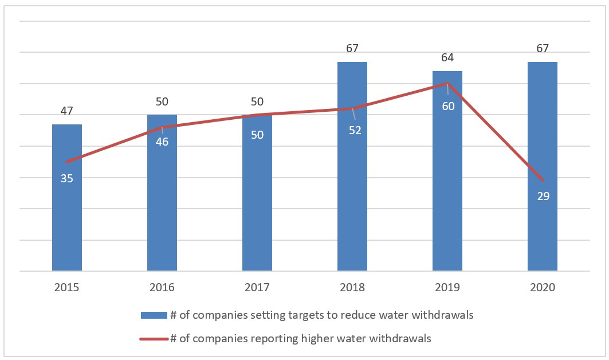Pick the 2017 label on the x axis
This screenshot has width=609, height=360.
point(257,287)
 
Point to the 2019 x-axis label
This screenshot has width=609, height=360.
point(447,287)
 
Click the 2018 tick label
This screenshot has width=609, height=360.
point(352,287)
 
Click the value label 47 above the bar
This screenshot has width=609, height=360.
point(67,111)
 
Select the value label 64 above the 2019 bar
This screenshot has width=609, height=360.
point(447,58)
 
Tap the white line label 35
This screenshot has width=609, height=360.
point(67,178)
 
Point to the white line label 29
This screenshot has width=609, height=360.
point(543,196)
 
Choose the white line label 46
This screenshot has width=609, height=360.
point(162,142)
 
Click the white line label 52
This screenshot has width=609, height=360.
point(355,130)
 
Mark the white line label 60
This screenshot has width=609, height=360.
point(448,106)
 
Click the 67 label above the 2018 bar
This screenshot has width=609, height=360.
point(352,48)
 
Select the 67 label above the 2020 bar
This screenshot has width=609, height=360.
point(543,48)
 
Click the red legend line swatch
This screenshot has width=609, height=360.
point(154,339)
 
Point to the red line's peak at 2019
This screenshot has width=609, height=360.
point(447,83)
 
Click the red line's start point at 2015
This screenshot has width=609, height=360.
point(67,162)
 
